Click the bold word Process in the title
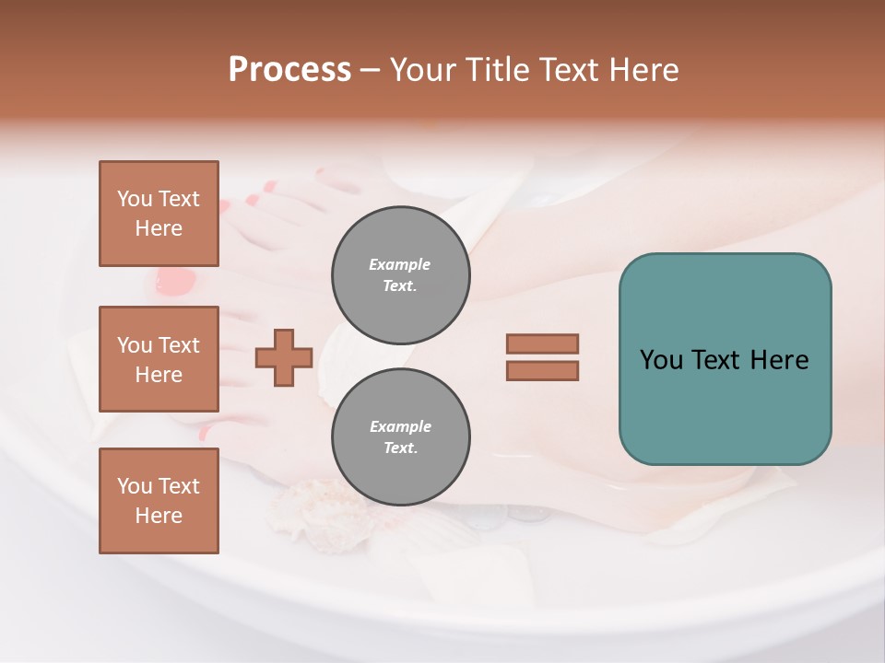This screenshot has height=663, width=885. (289, 69)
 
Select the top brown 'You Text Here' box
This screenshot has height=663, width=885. (159, 214)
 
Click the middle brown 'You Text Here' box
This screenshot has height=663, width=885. (159, 359)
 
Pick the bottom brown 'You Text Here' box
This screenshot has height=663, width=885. (159, 500)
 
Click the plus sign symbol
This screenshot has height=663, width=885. (284, 357)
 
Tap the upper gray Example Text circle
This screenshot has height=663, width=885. (400, 274)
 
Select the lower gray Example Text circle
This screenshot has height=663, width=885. (400, 436)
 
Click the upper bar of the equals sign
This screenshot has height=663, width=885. (542, 343)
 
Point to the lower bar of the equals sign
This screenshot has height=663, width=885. (542, 370)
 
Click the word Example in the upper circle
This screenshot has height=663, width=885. (400, 264)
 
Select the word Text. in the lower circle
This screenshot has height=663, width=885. (400, 448)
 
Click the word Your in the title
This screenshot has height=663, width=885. (423, 69)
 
